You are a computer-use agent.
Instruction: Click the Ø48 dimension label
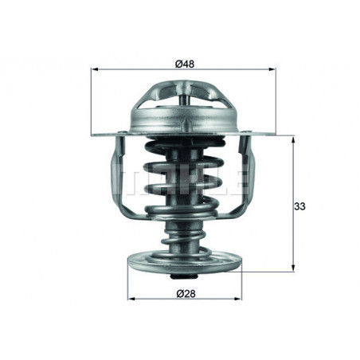182,63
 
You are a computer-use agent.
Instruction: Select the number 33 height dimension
299,206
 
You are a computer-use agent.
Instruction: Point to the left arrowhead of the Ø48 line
96,71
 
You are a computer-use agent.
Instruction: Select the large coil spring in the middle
182,179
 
